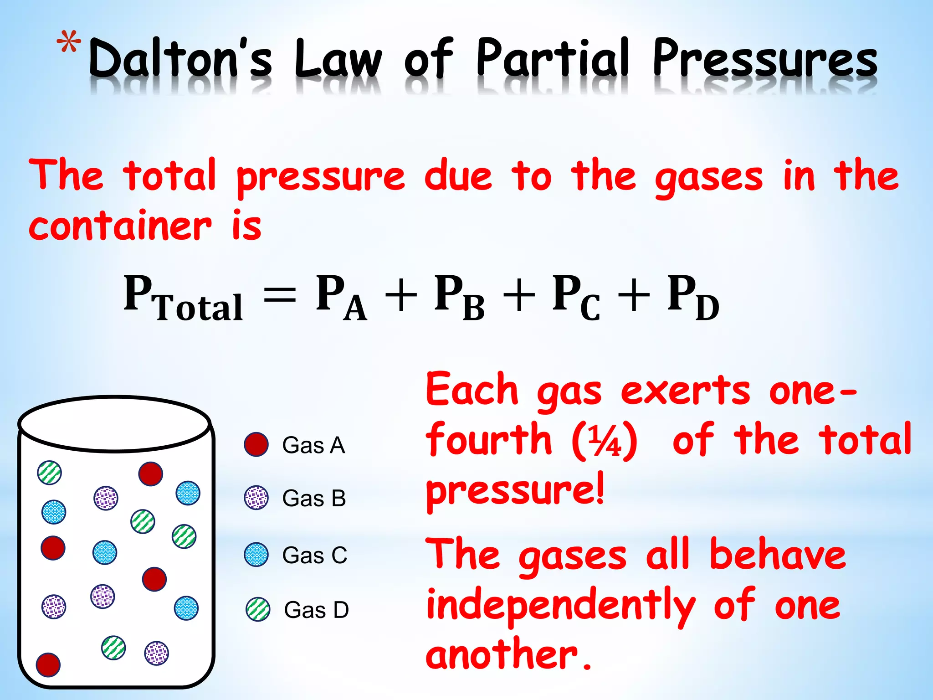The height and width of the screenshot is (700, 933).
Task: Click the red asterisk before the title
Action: point(69,45)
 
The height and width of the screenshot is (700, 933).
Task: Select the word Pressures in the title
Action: point(765,59)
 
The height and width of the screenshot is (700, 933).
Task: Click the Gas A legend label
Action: point(313,445)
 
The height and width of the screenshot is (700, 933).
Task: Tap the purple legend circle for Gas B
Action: point(256,498)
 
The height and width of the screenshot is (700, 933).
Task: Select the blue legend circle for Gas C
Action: point(256,555)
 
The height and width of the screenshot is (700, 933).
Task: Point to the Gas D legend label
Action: point(316,610)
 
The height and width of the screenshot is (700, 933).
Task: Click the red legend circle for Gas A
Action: point(256,445)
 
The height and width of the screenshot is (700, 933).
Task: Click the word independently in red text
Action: point(561,606)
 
